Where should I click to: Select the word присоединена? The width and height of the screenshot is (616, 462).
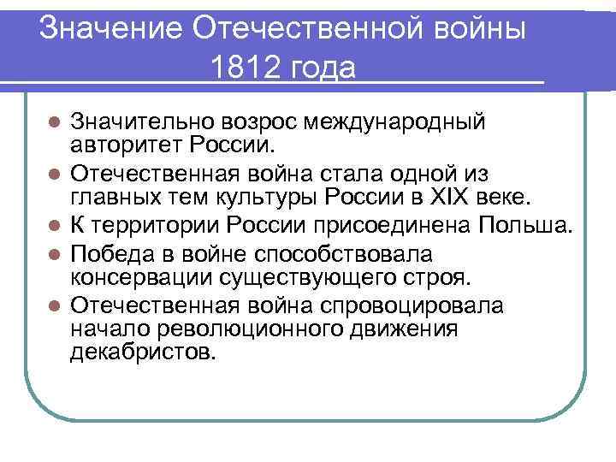393,226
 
